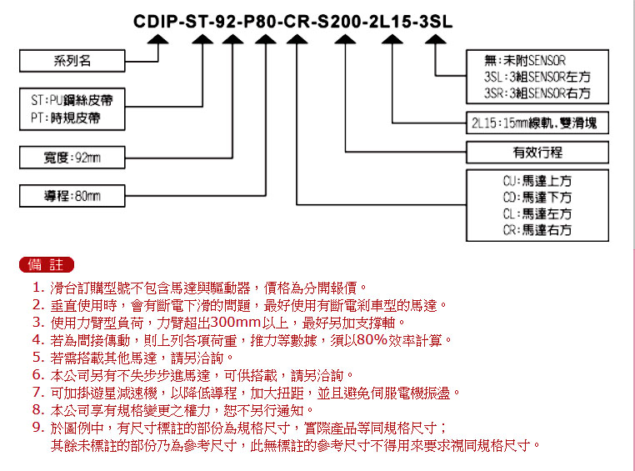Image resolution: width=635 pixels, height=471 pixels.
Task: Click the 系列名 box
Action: [72, 61]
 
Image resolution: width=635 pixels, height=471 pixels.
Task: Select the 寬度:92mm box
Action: [72, 157]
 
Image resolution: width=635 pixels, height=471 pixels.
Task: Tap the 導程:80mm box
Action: [72, 196]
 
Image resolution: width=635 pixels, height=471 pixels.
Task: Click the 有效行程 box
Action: [537, 153]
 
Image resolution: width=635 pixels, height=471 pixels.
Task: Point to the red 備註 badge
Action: [47, 265]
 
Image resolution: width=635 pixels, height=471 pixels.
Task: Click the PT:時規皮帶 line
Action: [66, 118]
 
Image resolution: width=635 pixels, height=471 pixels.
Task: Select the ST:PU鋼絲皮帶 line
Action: [72, 100]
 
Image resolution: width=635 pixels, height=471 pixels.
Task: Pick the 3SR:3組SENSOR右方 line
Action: [537, 93]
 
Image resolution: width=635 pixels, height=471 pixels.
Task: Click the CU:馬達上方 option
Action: [537, 181]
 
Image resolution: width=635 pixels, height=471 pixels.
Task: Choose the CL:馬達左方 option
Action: [537, 213]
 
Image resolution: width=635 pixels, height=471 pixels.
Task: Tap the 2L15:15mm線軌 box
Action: [537, 123]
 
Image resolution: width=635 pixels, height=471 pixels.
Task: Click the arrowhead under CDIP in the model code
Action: [158, 39]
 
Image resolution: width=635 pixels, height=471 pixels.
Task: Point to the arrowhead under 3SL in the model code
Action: [435, 39]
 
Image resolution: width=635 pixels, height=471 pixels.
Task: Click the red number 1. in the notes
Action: [38, 288]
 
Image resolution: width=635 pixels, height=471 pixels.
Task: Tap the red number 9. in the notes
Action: [38, 428]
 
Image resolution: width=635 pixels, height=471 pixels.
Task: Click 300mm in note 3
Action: [236, 323]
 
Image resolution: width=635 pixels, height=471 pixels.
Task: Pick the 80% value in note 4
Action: [372, 340]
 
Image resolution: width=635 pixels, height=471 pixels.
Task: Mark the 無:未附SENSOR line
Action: [525, 61]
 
